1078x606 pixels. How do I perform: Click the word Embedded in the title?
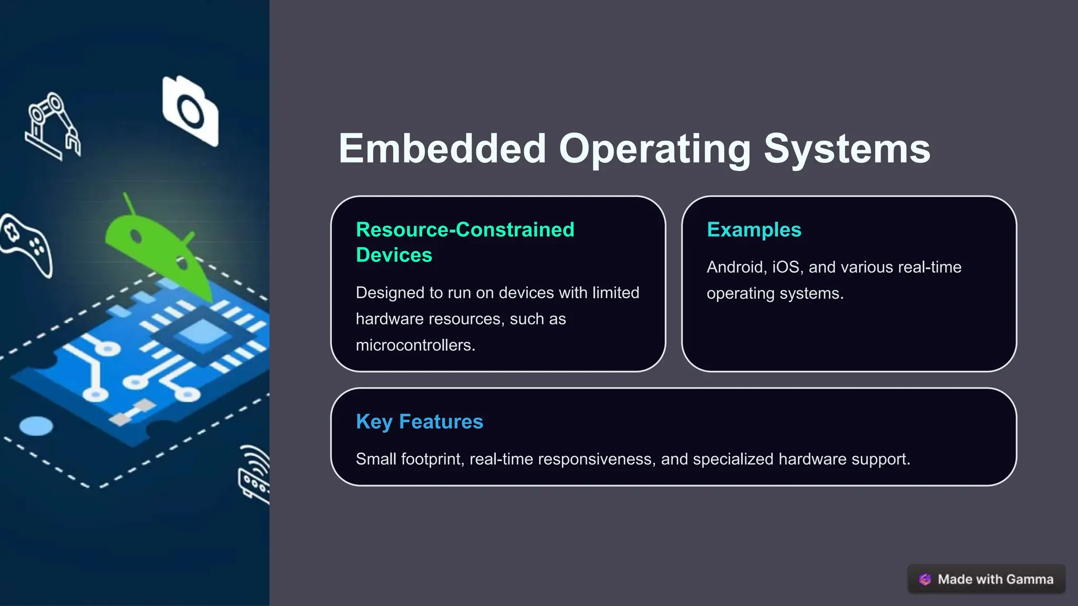coord(442,149)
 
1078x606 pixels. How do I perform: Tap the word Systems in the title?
coord(846,149)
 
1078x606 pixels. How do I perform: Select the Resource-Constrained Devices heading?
coord(465,242)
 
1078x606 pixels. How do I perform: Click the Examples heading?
coord(754,230)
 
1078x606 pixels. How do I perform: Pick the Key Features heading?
coord(419,422)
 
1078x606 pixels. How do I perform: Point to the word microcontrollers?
coord(415,345)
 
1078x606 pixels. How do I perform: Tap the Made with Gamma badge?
coord(986,579)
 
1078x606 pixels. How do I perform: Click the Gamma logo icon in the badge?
coord(925,579)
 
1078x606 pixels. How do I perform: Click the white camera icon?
coord(190,111)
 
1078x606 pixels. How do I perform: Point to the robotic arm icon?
coord(52,126)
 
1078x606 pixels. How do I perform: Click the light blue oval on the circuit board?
coord(36,426)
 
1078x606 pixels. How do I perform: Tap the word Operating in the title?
coord(654,149)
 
